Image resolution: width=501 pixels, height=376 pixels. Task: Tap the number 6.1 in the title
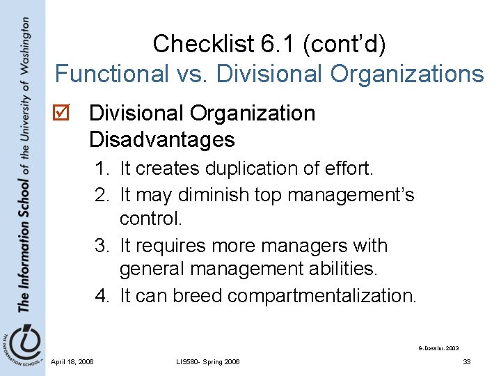(x=273, y=44)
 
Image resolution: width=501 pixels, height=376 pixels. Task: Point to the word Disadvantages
(x=161, y=140)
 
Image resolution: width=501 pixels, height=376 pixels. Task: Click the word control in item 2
(x=150, y=219)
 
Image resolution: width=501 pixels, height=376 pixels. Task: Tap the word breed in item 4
(x=197, y=296)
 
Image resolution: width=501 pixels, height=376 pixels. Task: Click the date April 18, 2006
(x=72, y=361)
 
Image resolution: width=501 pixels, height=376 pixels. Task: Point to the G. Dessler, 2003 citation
(x=438, y=347)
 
